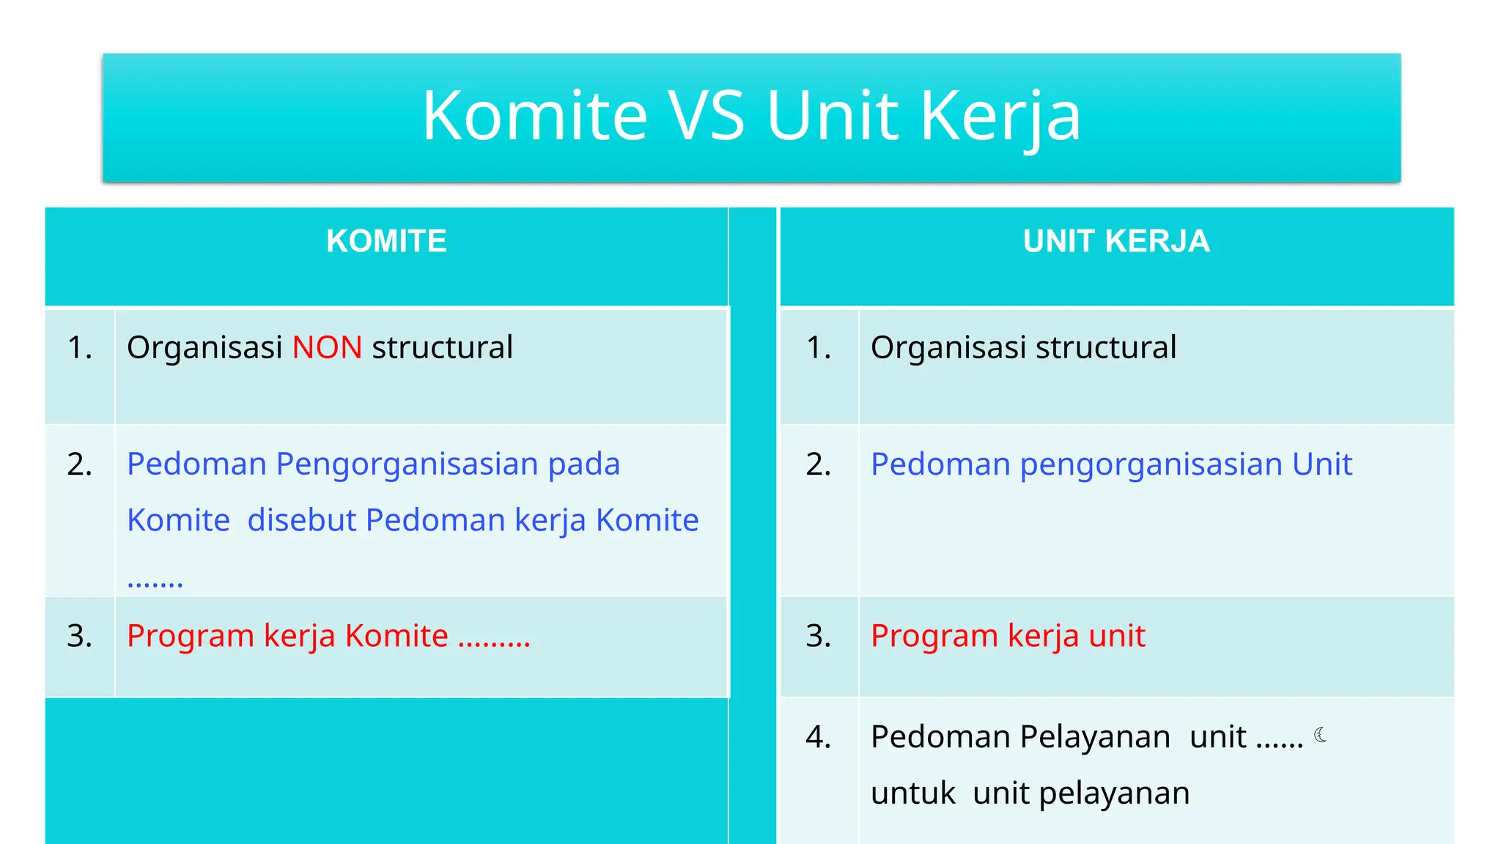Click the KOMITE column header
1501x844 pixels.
(386, 241)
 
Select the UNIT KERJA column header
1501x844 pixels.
(1115, 241)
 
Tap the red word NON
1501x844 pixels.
(327, 347)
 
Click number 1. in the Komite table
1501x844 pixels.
(79, 347)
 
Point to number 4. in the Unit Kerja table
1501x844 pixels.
(818, 736)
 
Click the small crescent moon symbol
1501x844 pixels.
(1320, 735)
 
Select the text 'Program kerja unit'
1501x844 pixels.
(1007, 635)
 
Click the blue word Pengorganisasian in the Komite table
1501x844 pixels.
(407, 464)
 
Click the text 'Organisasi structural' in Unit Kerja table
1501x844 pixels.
(1023, 347)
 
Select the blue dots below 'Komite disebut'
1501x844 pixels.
(155, 584)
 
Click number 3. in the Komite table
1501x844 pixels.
(79, 635)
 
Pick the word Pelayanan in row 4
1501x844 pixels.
(1095, 736)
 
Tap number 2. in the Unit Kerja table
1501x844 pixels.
(818, 464)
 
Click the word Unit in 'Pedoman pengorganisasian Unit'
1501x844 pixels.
(1321, 464)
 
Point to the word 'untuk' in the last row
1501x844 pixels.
(912, 793)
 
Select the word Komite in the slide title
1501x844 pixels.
(534, 116)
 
